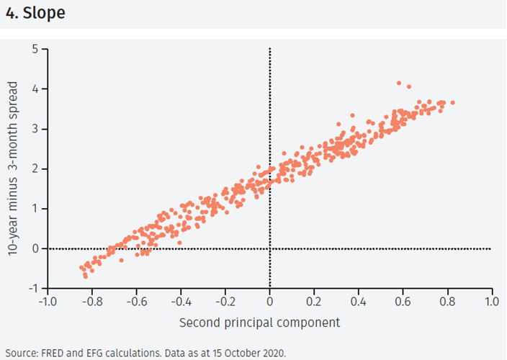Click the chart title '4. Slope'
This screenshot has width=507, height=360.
pyautogui.click(x=35, y=13)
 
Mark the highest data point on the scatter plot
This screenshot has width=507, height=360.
pyautogui.click(x=399, y=84)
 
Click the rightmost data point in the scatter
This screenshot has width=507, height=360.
pyautogui.click(x=452, y=103)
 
